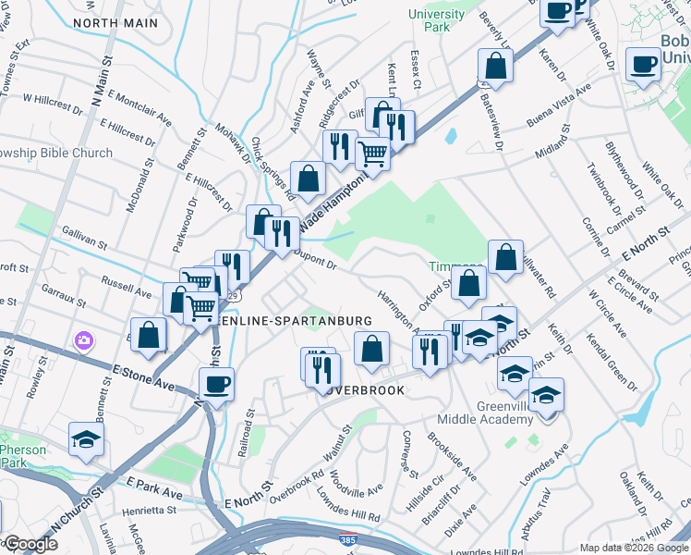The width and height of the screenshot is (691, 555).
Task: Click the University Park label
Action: click(x=437, y=20)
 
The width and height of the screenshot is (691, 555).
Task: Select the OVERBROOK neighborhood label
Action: click(x=363, y=390)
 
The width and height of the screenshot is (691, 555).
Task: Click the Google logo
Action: click(x=30, y=544)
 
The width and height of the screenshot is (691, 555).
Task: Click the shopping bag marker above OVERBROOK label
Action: click(x=372, y=349)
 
